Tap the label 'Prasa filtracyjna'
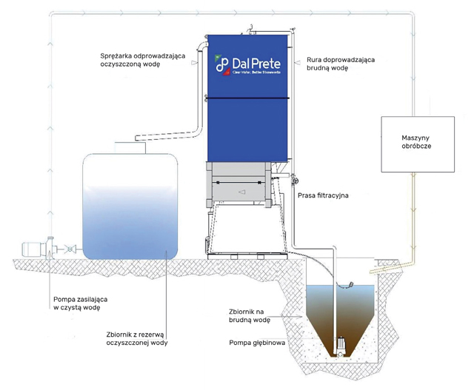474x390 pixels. [323, 196]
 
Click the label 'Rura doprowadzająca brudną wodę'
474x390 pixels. [337, 62]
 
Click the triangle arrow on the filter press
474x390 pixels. [241, 191]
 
